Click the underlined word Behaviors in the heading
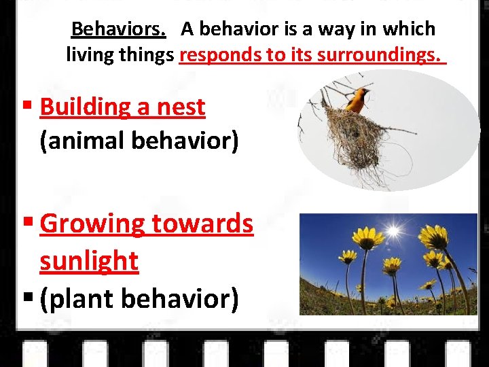coord(119,29)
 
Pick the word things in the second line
coord(145,54)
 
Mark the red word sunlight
coord(89,260)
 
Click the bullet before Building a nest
coord(27,107)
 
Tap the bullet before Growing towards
coord(27,223)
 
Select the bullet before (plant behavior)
coord(27,298)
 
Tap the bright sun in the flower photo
coord(393,232)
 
